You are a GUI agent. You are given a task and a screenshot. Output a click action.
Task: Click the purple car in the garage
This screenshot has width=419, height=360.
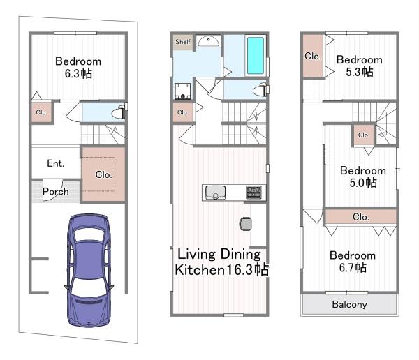pyautogui.click(x=89, y=270)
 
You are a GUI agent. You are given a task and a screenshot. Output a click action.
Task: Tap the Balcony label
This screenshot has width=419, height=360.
pyautogui.click(x=349, y=304)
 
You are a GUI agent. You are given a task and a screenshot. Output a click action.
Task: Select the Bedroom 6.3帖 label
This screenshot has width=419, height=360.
pyautogui.click(x=78, y=67)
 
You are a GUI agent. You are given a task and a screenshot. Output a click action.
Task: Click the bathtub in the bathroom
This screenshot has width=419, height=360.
pyautogui.click(x=256, y=56)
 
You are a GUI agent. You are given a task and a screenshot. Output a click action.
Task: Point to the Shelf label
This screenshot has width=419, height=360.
pyautogui.click(x=183, y=42)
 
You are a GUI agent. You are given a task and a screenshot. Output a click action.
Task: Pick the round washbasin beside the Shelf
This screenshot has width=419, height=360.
pyautogui.click(x=208, y=41)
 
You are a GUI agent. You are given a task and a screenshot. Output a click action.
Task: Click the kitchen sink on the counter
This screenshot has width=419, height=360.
pyautogui.click(x=215, y=193)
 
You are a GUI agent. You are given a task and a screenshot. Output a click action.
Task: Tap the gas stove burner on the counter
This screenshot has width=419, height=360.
pyautogui.click(x=253, y=193)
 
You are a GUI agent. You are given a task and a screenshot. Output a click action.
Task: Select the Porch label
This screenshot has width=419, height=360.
pyautogui.click(x=56, y=192)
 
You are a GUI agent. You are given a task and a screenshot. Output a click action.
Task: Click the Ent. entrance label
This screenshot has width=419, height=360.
pyautogui.click(x=56, y=163)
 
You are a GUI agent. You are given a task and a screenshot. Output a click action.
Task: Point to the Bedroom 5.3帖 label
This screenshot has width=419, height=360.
pyautogui.click(x=360, y=66)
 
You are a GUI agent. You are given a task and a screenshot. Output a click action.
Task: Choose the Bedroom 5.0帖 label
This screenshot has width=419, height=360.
pyautogui.click(x=363, y=177)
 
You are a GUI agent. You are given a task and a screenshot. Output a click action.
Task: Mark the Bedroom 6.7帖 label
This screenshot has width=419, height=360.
pyautogui.click(x=353, y=261)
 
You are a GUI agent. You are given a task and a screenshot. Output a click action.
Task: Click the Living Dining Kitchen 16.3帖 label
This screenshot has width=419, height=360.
pyautogui.click(x=221, y=262)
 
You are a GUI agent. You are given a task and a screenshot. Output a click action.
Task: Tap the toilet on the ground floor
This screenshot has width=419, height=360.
pyautogui.click(x=119, y=112)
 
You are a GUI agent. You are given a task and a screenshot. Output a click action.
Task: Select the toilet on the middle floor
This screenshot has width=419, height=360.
pyautogui.click(x=260, y=90)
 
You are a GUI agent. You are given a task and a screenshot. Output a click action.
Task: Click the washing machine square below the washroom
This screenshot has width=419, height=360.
pyautogui.click(x=183, y=91)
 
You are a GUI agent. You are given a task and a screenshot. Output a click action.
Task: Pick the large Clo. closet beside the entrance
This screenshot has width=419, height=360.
pyautogui.click(x=103, y=174)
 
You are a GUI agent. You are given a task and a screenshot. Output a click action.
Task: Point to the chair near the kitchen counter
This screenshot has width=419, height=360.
pyautogui.click(x=245, y=223)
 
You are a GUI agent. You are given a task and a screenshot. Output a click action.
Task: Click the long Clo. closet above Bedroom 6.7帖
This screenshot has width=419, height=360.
pyautogui.click(x=361, y=216)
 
